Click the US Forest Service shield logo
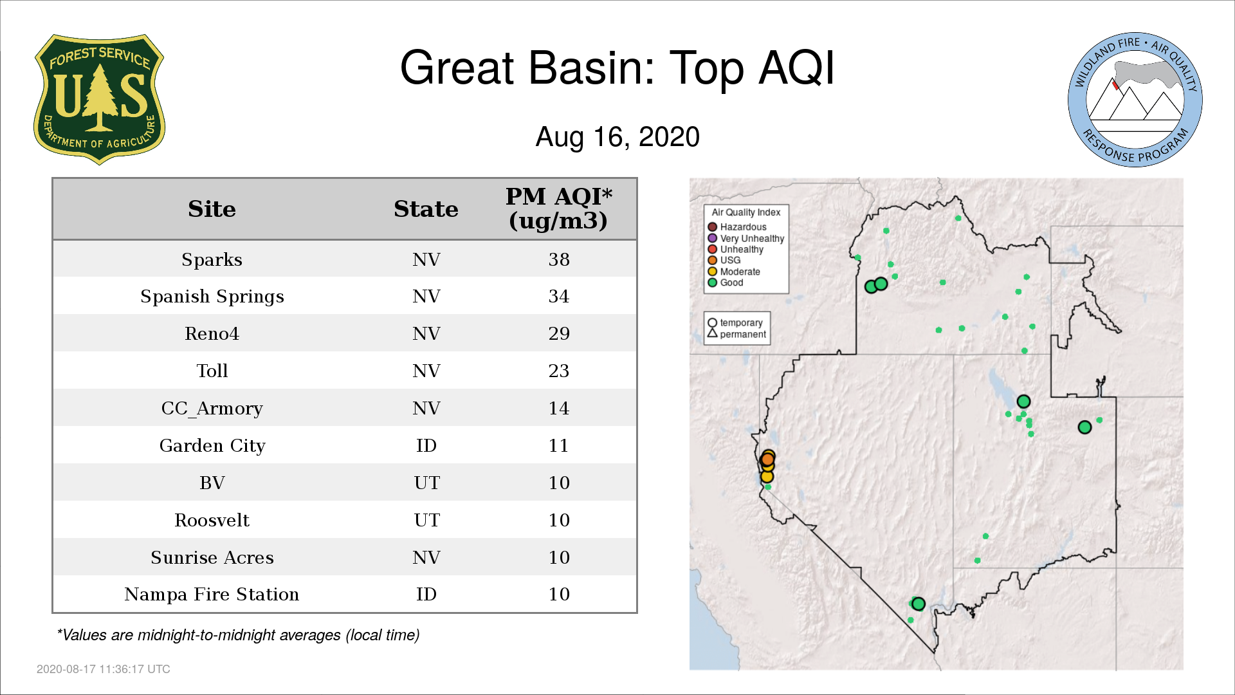(99, 100)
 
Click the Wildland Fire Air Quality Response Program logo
(1135, 100)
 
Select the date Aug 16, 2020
(617, 137)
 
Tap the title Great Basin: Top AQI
(617, 68)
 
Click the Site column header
(212, 209)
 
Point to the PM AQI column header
(558, 208)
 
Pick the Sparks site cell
(212, 259)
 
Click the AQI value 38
(559, 259)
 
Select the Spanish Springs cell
(212, 297)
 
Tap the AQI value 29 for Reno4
(559, 333)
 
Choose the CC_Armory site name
(212, 409)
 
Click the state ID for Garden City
(426, 445)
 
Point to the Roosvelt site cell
(212, 520)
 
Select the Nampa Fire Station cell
(212, 594)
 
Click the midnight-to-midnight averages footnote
(238, 635)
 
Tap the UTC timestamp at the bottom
(104, 669)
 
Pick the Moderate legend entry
(734, 272)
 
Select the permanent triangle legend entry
(737, 334)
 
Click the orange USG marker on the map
(767, 459)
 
